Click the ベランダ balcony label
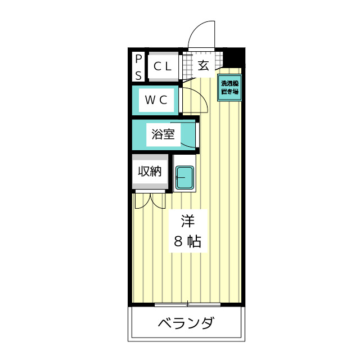pos(185,324)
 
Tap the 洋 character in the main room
pos(187,220)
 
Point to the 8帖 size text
pos(187,242)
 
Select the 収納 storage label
pos(150,172)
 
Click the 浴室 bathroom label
pos(163,135)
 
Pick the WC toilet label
pos(156,100)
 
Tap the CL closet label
pos(163,66)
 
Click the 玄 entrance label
pos(203,65)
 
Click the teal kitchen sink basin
pos(184,178)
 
